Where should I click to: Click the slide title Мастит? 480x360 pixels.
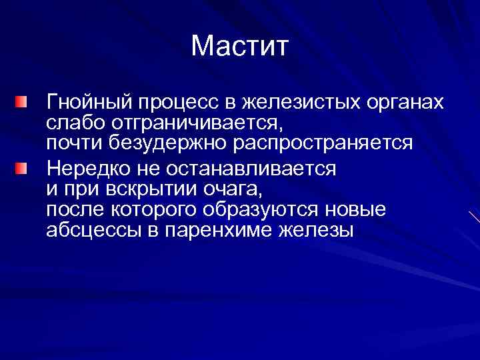(240, 46)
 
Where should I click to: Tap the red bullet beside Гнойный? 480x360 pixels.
(23, 103)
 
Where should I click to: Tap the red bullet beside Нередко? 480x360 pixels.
(23, 167)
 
